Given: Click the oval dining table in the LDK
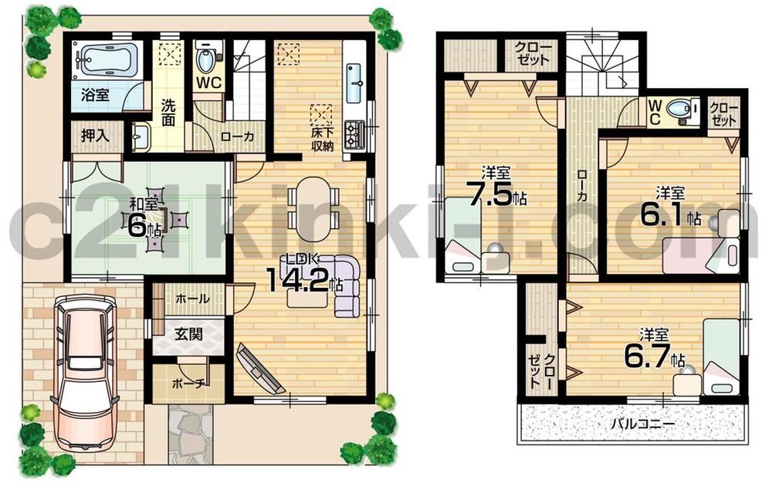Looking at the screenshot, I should pyautogui.click(x=312, y=200).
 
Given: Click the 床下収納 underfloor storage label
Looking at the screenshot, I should pyautogui.click(x=323, y=139).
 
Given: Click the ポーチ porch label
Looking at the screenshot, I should pyautogui.click(x=188, y=383).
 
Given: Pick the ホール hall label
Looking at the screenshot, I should pyautogui.click(x=189, y=298).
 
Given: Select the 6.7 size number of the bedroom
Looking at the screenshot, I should pyautogui.click(x=645, y=356).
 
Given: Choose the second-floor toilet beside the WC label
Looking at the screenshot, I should pyautogui.click(x=681, y=110).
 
